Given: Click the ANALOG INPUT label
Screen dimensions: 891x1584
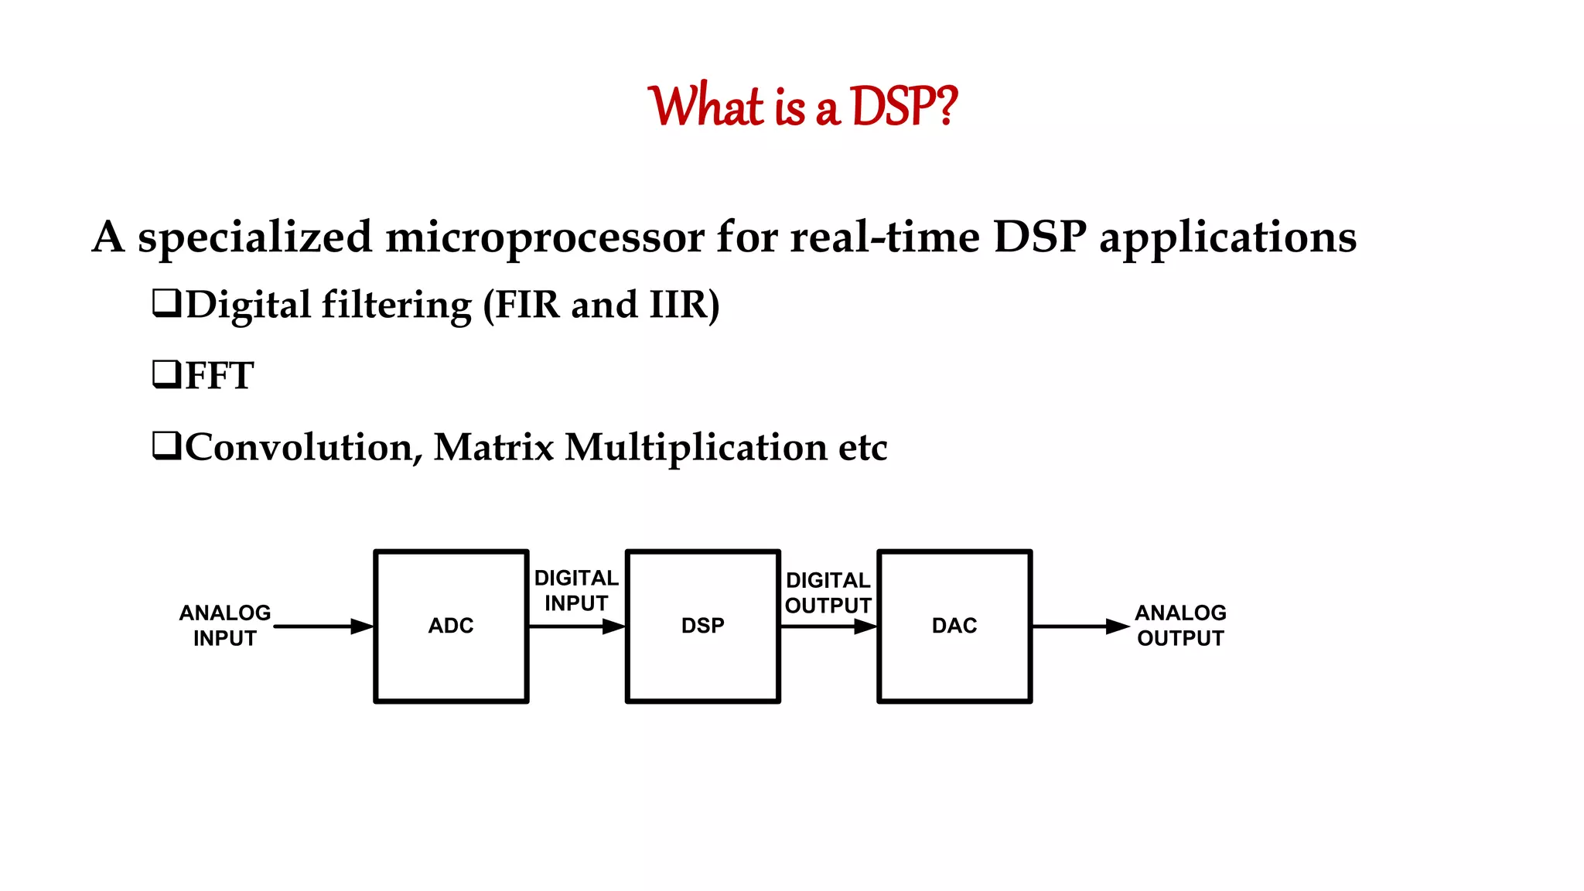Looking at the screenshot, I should [225, 626].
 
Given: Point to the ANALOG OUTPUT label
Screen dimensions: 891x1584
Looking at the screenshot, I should [1180, 626].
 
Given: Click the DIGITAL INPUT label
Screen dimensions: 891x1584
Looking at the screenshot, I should [576, 590].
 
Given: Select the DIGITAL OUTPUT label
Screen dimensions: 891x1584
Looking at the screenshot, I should [828, 592].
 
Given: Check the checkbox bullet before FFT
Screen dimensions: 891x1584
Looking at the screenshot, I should [166, 374].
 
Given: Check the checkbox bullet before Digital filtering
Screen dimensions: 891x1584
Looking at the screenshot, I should [166, 303].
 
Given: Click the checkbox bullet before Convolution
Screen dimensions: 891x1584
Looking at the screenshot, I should [166, 446].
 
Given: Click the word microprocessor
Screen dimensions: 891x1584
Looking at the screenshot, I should [544, 237].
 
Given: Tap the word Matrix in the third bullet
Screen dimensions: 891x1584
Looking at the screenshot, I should [493, 447].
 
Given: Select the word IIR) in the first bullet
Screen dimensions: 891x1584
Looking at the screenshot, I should [684, 305].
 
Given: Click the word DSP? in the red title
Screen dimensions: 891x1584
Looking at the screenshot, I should [903, 106].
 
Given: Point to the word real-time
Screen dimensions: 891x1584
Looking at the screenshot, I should [885, 237].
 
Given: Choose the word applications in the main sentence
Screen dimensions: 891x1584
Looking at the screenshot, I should [1227, 238].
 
